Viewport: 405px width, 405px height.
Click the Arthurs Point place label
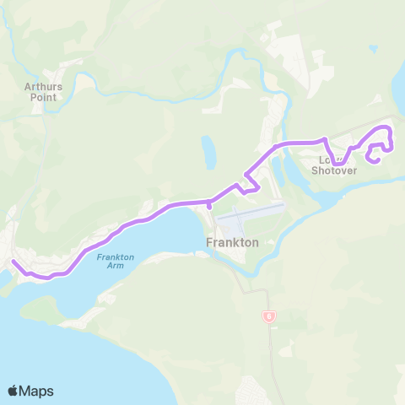coord(40,90)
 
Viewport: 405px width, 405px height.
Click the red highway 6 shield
coord(268,316)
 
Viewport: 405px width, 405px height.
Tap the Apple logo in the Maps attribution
coord(14,391)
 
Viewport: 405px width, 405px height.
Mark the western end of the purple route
coord(13,262)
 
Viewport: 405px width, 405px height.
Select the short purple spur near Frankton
coord(208,204)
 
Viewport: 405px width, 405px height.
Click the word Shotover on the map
coord(335,170)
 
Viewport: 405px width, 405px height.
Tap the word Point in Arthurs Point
coord(40,96)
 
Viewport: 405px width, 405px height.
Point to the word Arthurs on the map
coord(40,84)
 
